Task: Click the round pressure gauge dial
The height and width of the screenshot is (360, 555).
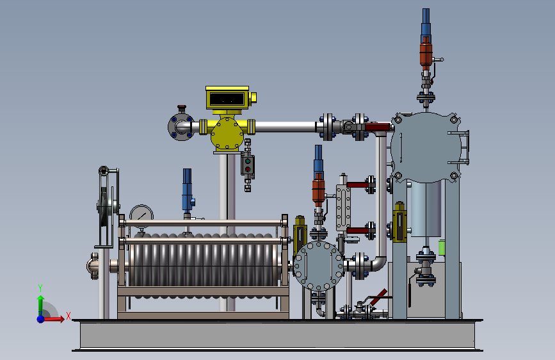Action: [x=141, y=216]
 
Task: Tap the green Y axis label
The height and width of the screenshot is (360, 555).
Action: [x=40, y=288]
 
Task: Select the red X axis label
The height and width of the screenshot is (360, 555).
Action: [x=68, y=316]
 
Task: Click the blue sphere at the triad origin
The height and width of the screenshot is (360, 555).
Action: [x=41, y=319]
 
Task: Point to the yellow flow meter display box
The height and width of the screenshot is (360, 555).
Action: [x=227, y=98]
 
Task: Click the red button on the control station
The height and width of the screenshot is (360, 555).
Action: [x=248, y=169]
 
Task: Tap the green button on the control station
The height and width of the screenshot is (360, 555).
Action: [x=248, y=161]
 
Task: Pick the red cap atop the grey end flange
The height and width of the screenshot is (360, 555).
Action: [x=182, y=108]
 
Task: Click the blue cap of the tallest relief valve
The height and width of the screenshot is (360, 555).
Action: [x=426, y=21]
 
